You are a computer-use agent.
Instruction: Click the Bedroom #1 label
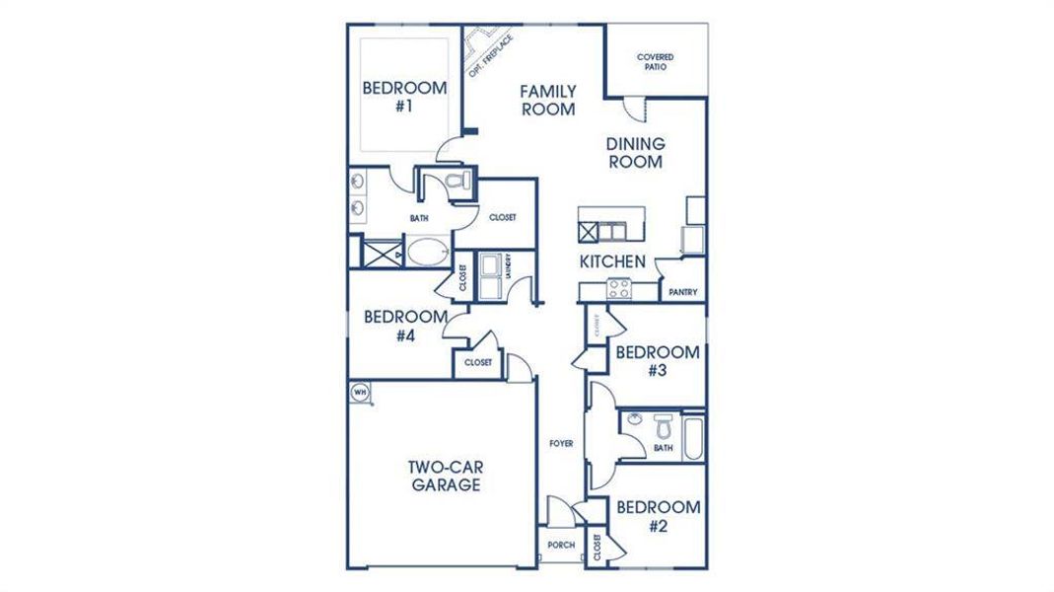404,97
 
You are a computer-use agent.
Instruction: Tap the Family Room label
548,101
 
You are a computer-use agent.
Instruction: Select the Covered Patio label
656,62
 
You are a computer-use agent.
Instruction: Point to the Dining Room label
635,153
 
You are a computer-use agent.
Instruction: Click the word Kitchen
612,262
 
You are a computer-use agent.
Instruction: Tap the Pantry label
683,292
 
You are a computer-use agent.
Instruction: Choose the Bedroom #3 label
657,361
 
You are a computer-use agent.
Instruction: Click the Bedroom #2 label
659,516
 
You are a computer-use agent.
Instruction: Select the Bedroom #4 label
404,326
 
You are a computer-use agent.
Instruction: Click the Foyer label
561,444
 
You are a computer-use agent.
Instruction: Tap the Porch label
561,545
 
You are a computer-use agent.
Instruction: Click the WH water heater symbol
360,392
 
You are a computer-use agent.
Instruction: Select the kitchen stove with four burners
618,289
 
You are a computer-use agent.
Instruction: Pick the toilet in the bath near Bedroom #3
662,428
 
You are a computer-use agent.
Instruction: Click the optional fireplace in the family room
481,46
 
